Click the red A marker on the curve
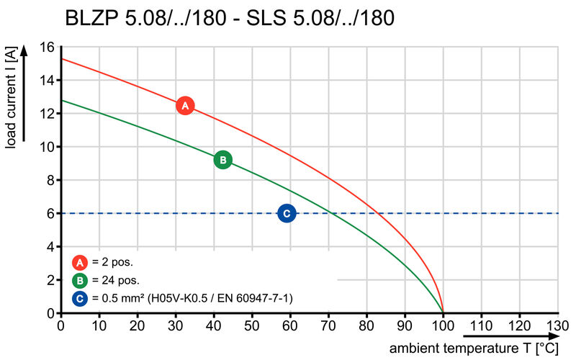(185, 106)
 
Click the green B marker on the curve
(223, 160)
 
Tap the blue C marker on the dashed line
(287, 213)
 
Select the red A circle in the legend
(79, 262)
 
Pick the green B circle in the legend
(79, 280)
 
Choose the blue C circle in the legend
(79, 297)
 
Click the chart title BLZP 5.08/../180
(230, 17)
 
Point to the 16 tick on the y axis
(48, 48)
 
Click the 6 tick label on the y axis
(50, 214)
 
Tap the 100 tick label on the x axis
(443, 325)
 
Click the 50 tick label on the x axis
(251, 325)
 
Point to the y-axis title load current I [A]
(11, 99)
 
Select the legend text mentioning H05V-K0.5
(191, 297)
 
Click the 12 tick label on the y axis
(48, 114)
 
